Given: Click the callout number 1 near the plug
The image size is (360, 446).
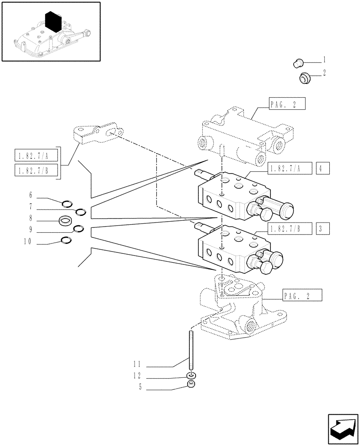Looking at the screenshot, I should tap(324, 59).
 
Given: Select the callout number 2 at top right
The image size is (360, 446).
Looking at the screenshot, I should tap(324, 73).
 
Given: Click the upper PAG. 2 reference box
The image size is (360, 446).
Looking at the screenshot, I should tap(286, 105).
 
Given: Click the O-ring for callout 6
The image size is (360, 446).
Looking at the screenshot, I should tap(67, 204).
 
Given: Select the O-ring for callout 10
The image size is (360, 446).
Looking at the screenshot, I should tap(66, 241).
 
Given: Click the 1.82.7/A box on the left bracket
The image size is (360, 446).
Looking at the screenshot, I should tap(37, 156).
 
